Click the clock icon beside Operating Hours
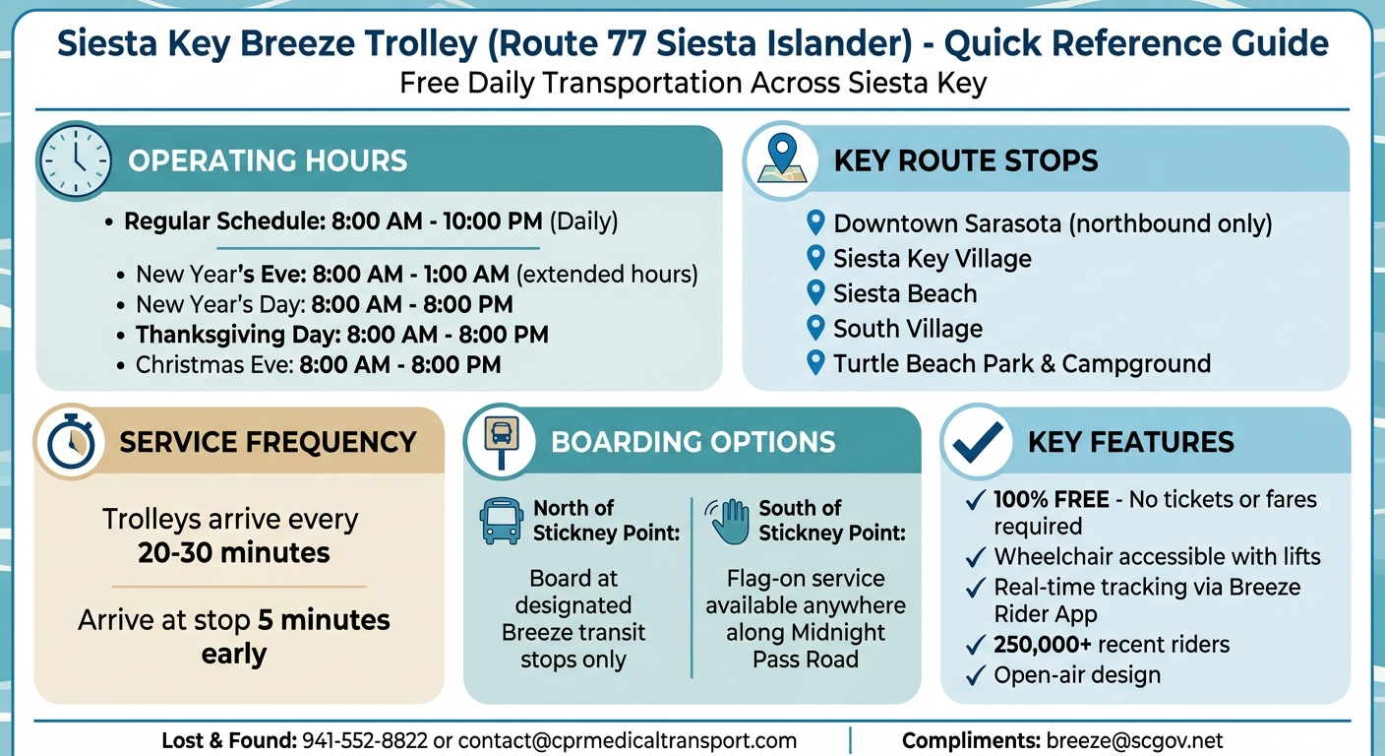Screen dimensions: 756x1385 pyautogui.click(x=75, y=160)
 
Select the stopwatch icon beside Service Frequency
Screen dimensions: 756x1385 pyautogui.click(x=71, y=442)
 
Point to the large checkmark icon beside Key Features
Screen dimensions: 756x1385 pyautogui.click(x=979, y=442)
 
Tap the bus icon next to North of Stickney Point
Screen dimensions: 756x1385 pyautogui.click(x=502, y=520)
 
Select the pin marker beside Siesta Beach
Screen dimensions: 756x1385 pyautogui.click(x=814, y=292)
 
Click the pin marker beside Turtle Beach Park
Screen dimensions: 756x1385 pyautogui.click(x=814, y=362)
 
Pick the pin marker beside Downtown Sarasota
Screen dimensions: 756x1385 pyautogui.click(x=814, y=222)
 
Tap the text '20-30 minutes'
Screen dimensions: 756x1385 pyautogui.click(x=233, y=552)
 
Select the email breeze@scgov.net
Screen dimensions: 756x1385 pyautogui.click(x=1134, y=740)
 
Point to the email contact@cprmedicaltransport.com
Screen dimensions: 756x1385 pyautogui.click(x=628, y=740)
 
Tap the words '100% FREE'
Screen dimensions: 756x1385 pyautogui.click(x=1052, y=500)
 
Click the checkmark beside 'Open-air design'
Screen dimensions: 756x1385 pyautogui.click(x=975, y=675)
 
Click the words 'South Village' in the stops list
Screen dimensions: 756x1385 pyautogui.click(x=908, y=328)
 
